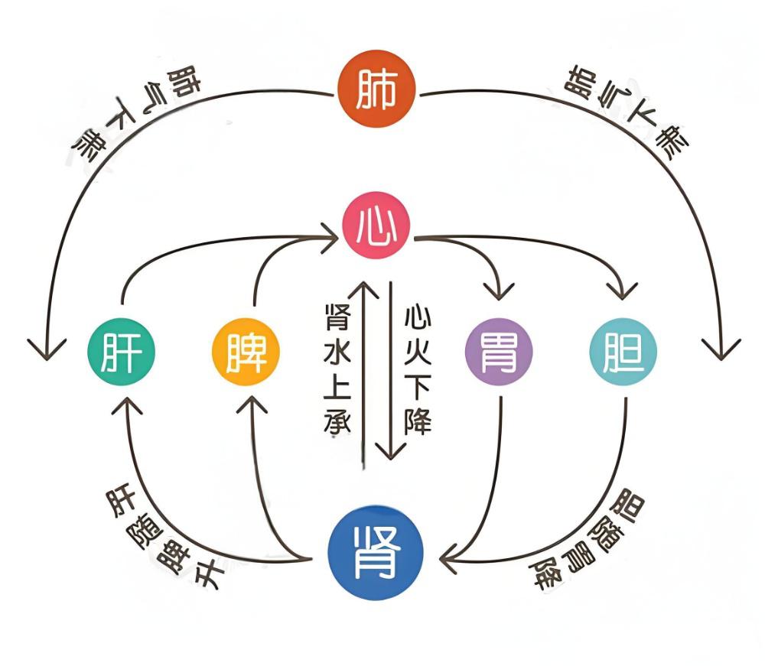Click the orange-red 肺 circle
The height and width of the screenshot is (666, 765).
point(377,90)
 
